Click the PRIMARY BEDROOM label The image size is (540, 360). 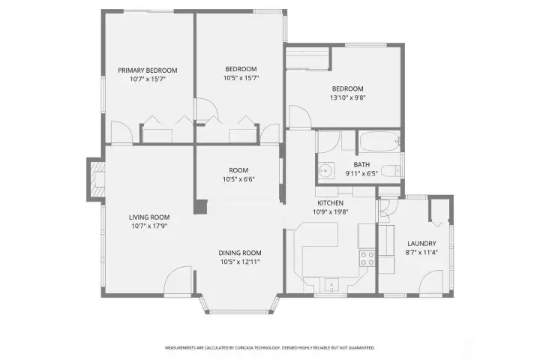[147, 70]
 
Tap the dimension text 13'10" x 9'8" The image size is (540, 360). [347, 97]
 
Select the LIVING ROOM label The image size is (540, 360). [147, 217]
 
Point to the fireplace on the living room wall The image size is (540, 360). [94, 180]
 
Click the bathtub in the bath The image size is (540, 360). [379, 142]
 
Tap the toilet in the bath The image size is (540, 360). [389, 172]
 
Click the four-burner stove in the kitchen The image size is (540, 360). [367, 259]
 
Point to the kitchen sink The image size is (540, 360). [331, 284]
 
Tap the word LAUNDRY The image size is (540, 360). [421, 243]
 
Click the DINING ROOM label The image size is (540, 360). [240, 253]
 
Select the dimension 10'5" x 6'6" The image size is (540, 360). [238, 180]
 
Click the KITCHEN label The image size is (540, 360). [329, 203]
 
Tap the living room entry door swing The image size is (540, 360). [179, 280]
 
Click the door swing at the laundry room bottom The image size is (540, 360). [433, 283]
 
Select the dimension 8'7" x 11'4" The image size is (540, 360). [421, 253]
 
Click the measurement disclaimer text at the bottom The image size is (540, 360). [269, 348]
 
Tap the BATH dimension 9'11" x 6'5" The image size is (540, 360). [361, 174]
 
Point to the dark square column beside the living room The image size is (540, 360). [200, 206]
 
